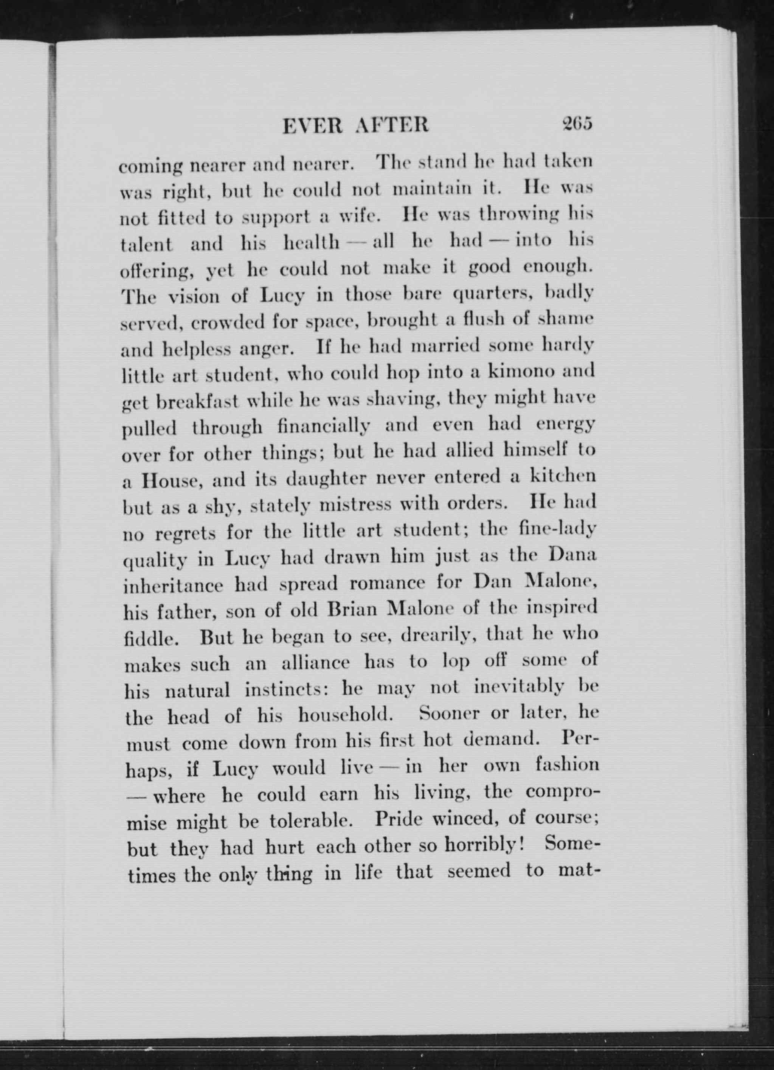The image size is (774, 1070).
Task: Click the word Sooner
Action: [450, 714]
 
